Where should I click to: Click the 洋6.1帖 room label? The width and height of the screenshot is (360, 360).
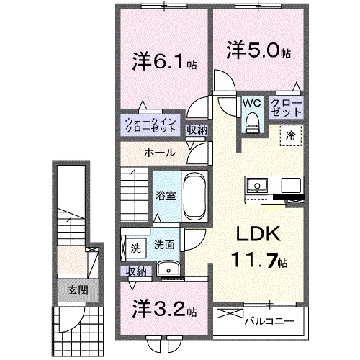[x=160, y=61]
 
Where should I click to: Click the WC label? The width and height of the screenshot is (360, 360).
[x=251, y=103]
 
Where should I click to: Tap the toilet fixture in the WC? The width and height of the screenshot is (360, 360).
[x=251, y=124]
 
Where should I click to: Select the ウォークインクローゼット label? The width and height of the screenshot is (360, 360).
[x=149, y=125]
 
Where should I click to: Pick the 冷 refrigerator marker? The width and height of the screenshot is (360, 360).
[x=292, y=134]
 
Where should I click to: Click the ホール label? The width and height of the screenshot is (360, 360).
[x=156, y=152]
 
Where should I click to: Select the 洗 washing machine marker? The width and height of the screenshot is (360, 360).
[x=135, y=248]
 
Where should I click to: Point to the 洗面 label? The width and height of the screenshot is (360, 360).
[x=164, y=245]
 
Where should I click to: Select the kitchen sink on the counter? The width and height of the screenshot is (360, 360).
[x=256, y=186]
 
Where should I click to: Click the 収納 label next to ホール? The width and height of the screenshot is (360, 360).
[x=197, y=130]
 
